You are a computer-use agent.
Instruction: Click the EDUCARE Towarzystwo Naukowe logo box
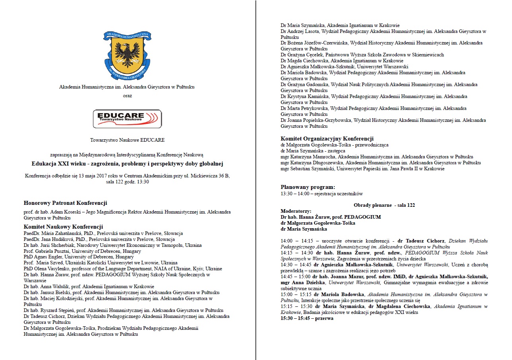(127, 119)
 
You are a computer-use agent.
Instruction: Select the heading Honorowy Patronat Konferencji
(65, 203)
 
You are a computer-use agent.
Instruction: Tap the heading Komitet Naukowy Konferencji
(63, 227)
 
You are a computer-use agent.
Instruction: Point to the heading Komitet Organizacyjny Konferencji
(327, 139)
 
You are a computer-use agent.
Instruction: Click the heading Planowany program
(307, 187)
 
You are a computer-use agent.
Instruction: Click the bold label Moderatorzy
(296, 211)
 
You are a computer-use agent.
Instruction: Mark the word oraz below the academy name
(127, 95)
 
